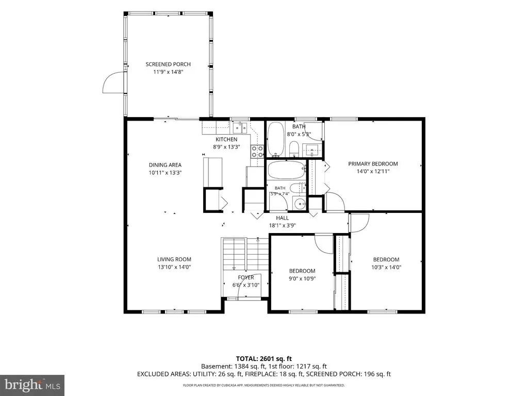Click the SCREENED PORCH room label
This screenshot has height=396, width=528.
[168, 64]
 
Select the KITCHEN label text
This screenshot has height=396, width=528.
[226, 139]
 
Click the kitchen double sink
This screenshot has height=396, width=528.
[240, 128]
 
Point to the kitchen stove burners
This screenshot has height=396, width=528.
[257, 151]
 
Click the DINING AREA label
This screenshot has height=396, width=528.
[165, 164]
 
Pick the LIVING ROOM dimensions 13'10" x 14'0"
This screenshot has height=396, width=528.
[174, 267]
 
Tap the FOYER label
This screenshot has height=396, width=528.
[246, 277]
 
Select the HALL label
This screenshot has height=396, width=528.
[282, 218]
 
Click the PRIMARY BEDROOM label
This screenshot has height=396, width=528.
[373, 163]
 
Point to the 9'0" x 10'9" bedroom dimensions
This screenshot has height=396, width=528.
[302, 278]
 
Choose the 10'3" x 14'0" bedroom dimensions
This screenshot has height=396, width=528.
[386, 268]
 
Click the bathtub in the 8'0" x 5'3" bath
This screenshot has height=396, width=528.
[276, 139]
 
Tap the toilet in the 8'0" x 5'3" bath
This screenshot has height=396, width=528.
[294, 149]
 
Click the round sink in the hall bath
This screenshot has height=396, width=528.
[299, 203]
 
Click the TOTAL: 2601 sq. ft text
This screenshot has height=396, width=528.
[263, 359]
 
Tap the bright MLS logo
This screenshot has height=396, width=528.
[32, 384]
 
